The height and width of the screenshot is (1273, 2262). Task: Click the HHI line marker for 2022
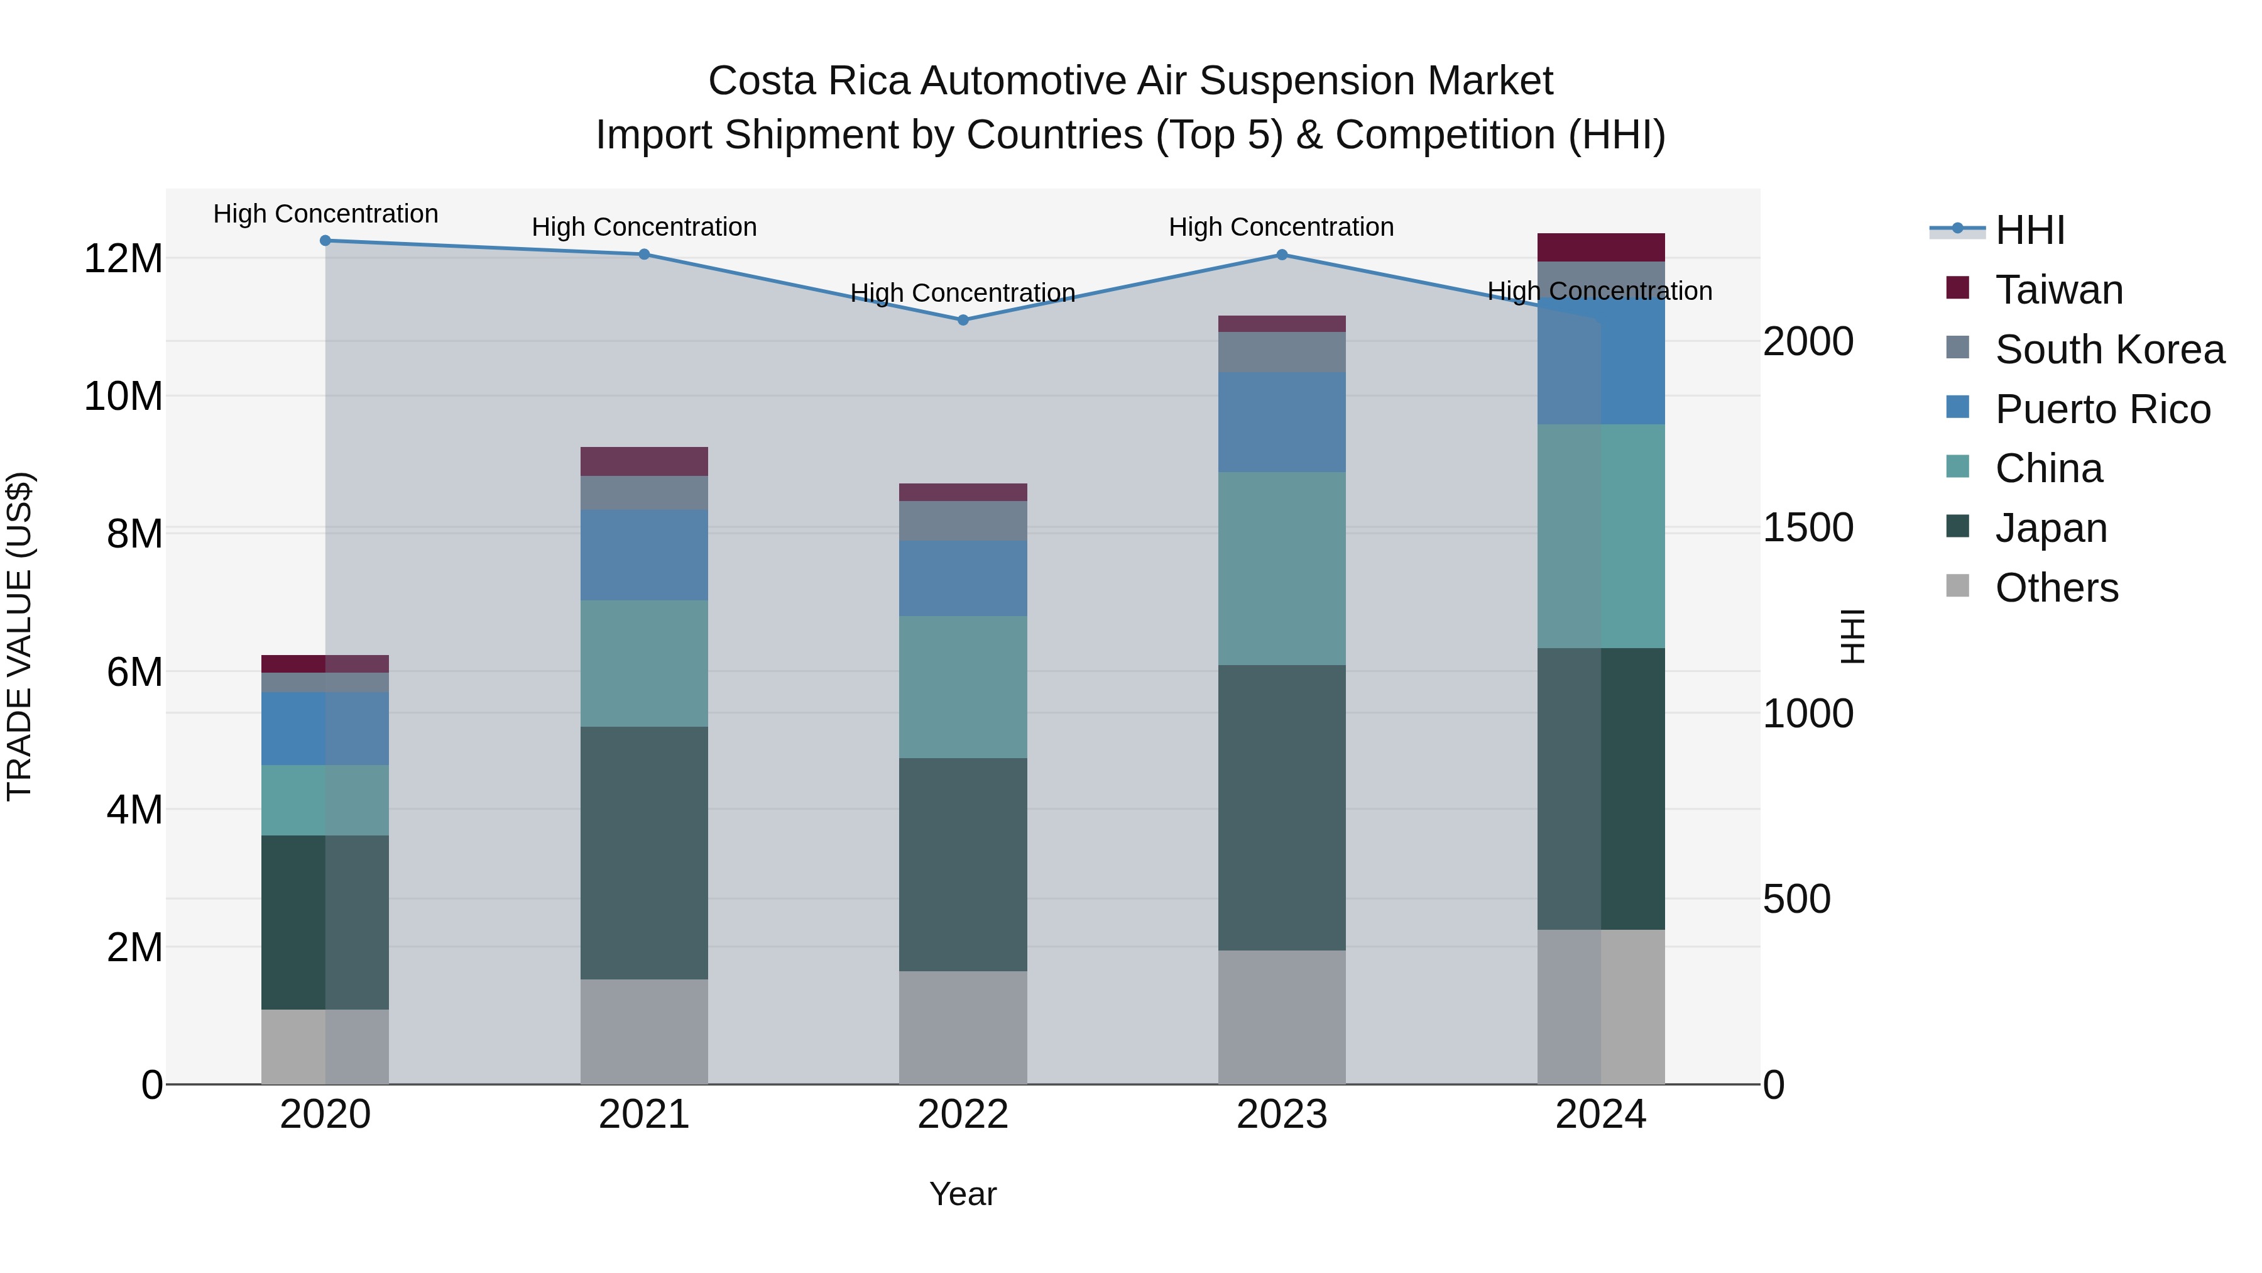[963, 320]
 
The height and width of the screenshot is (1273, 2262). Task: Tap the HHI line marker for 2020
[325, 240]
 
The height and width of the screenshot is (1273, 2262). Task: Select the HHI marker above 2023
[1281, 255]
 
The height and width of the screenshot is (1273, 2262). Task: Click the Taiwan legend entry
[2058, 289]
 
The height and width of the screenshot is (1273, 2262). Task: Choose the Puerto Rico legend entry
[2102, 409]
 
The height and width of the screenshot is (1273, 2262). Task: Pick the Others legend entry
[2056, 587]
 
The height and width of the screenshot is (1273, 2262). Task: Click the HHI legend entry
[2030, 230]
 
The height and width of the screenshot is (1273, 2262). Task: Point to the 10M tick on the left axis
[123, 396]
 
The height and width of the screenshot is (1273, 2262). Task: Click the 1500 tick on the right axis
[1808, 527]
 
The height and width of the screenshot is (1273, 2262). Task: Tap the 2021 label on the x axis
[643, 1114]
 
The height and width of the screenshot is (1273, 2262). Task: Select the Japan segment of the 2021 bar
[643, 852]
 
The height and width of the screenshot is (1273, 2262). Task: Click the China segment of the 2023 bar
[1281, 568]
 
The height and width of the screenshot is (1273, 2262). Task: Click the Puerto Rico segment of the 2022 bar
[963, 578]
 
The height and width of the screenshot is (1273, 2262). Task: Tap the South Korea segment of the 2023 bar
[1281, 351]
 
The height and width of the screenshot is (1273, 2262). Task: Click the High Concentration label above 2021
[643, 227]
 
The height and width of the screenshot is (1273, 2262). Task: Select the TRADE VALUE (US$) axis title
[19, 636]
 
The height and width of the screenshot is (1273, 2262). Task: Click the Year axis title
[963, 1194]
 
